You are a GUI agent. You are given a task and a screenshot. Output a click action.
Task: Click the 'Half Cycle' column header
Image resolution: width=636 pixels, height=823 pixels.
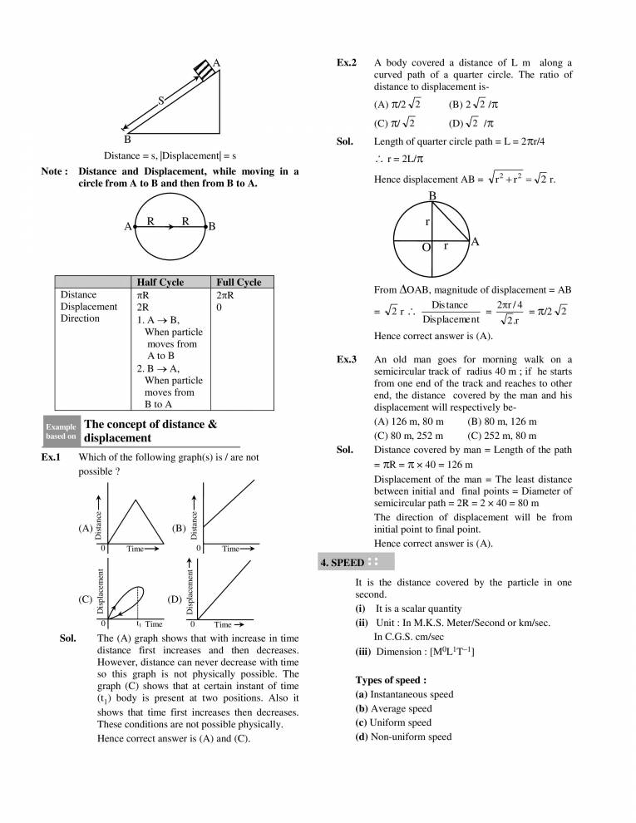(159, 283)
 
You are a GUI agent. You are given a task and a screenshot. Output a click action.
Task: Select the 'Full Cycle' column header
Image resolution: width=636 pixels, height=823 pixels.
(238, 283)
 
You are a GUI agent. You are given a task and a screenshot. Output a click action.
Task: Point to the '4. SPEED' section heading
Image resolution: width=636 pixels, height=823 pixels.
(342, 563)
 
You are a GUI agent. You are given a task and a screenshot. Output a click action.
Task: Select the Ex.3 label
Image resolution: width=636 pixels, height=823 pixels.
(347, 360)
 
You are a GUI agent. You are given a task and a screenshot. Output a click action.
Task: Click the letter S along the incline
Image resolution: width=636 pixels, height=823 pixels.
(161, 101)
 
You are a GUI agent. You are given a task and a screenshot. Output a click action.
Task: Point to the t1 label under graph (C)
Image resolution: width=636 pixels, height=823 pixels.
(139, 623)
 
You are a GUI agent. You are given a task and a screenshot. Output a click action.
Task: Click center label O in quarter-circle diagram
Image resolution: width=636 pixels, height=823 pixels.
(426, 249)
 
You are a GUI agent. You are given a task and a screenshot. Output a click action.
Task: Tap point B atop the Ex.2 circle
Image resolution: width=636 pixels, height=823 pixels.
(432, 196)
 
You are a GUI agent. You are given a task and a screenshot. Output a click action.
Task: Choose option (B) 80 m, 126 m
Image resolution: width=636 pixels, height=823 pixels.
(502, 422)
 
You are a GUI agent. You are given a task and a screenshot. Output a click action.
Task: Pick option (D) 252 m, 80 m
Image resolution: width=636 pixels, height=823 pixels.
(502, 435)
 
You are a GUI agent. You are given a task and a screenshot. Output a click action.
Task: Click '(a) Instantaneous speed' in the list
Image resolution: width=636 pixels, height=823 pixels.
(404, 693)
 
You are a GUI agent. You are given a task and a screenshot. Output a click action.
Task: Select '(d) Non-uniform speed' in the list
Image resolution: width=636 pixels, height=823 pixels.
(403, 737)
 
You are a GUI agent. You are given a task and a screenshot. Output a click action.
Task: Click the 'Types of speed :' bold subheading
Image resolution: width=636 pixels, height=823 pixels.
(391, 679)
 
